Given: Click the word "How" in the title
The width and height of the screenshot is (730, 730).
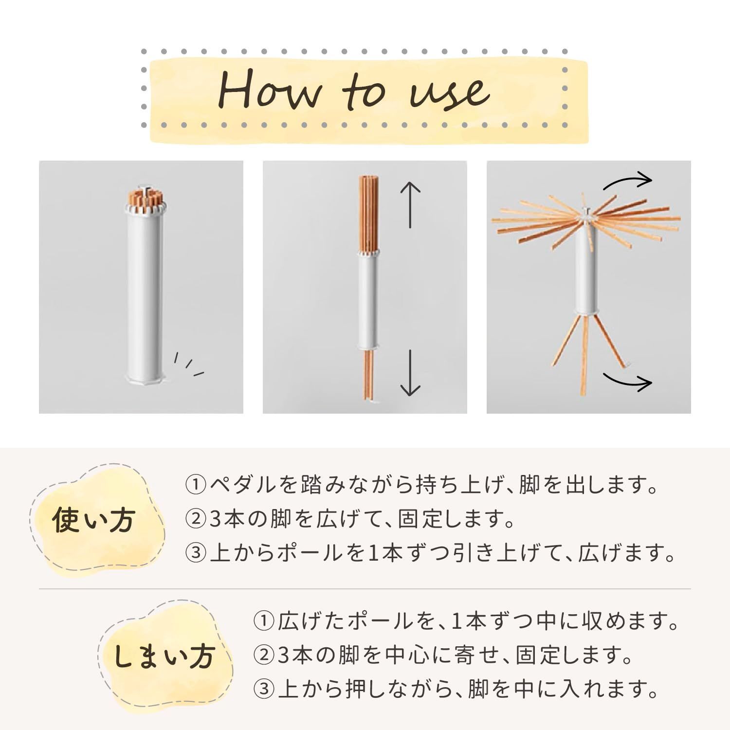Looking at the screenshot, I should point(270,91).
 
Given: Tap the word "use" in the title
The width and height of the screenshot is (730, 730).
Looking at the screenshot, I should point(449,92).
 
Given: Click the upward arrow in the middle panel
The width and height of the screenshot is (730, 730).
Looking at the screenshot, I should point(410,205).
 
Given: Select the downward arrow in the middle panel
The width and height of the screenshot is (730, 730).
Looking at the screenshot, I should point(410,372).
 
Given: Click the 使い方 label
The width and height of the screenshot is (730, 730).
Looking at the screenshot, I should point(93,520).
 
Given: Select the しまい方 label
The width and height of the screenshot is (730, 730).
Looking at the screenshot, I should point(164,657).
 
